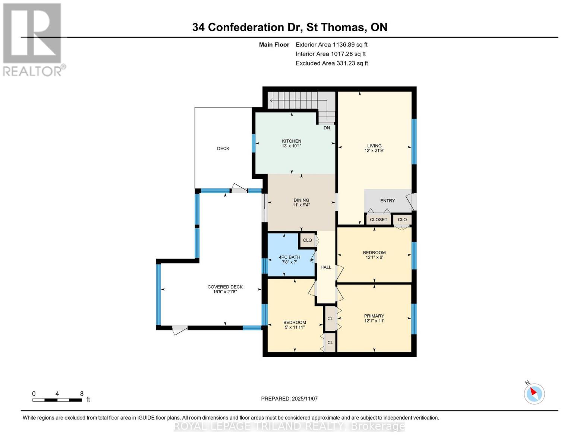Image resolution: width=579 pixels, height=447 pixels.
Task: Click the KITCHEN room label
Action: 291,141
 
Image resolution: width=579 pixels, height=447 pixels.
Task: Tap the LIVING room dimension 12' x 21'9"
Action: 374,151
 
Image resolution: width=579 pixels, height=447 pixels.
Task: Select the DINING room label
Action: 301,200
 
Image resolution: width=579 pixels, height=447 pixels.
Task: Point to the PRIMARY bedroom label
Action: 374,316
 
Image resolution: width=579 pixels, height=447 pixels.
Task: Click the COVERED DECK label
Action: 225,287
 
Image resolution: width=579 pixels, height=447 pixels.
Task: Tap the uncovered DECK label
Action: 223,149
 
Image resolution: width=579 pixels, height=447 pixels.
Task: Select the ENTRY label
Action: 387,201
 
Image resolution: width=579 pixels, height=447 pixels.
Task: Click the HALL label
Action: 325,267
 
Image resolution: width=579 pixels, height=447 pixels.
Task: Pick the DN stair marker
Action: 327,128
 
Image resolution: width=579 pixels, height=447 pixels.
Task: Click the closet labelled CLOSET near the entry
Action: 378,220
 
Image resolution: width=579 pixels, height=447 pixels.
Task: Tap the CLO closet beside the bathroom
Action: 307,240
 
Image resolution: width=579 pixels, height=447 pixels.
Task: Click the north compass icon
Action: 534,393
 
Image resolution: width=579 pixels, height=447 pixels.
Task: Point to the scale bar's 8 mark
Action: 82,394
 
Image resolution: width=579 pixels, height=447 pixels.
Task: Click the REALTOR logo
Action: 33,39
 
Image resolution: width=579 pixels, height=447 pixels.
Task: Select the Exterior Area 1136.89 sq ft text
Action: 331,45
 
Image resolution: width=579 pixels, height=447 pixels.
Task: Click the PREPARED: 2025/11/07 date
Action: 289,399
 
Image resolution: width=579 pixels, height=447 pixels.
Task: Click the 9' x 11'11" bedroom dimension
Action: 295,327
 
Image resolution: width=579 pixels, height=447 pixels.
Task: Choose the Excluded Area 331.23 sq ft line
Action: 331,63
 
